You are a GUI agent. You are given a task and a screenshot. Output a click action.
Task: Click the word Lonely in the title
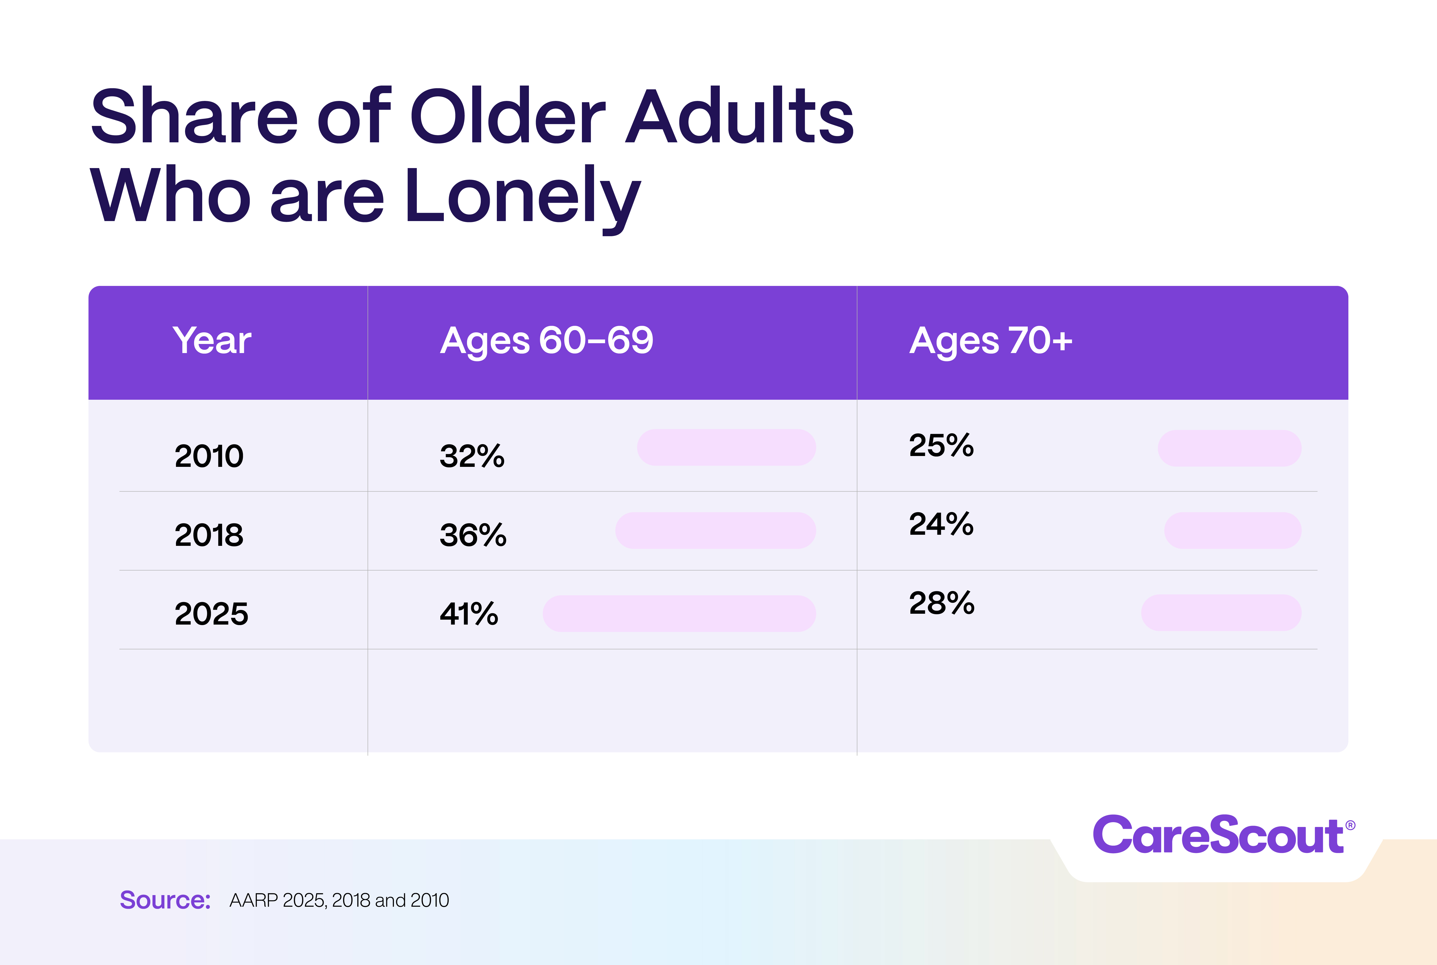tap(522, 196)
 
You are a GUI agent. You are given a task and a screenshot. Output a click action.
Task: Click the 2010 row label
tap(209, 456)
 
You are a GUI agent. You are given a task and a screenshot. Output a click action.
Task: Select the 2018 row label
tap(209, 535)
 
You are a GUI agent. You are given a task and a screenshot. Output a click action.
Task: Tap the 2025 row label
tap(211, 613)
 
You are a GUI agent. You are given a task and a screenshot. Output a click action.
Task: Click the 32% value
tap(472, 456)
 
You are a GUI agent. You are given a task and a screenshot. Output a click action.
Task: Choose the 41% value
tap(469, 613)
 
